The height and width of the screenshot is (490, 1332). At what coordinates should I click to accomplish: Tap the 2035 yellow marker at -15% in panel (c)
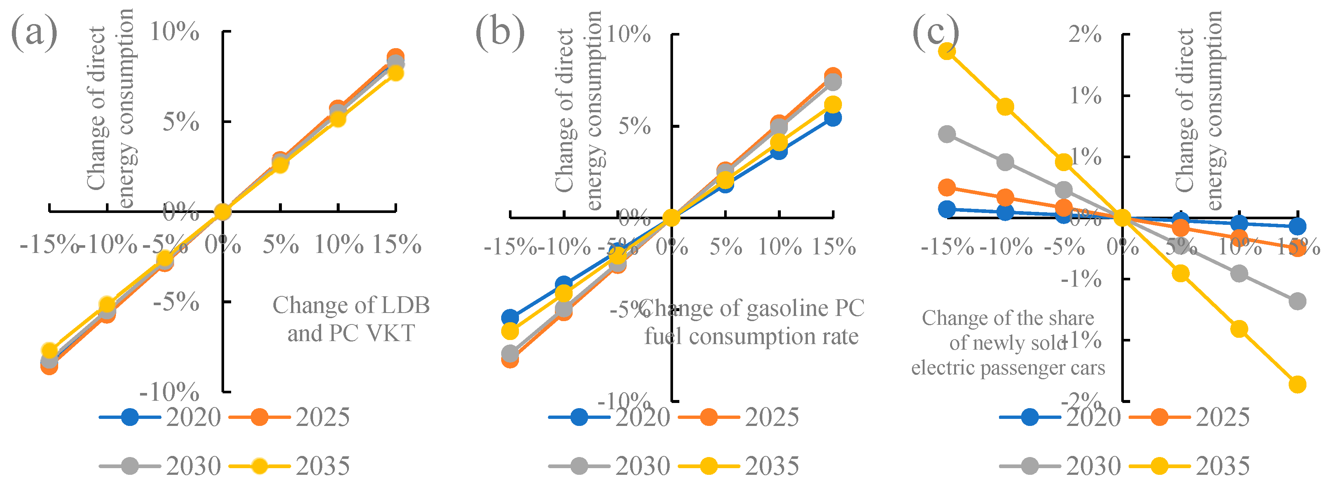[947, 51]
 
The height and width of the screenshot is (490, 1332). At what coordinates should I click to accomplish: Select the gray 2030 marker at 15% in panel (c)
[1297, 301]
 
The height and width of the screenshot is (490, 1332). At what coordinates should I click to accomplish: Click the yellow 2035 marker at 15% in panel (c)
[1297, 384]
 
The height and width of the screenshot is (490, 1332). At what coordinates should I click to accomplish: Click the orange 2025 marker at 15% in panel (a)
[396, 56]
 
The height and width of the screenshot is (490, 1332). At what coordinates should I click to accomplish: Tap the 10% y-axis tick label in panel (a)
[174, 32]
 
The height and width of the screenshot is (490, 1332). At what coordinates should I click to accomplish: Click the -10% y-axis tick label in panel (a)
[169, 392]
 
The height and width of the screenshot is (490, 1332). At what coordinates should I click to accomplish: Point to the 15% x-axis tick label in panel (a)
[397, 244]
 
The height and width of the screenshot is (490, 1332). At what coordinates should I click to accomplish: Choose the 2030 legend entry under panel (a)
[160, 466]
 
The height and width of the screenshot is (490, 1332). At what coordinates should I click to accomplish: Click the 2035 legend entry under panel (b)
[739, 466]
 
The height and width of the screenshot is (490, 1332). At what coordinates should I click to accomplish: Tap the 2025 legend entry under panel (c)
[1189, 417]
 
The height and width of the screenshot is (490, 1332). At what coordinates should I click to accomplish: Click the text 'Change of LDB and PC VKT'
[351, 319]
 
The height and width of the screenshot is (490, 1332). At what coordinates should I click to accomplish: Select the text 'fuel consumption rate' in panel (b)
[751, 337]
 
